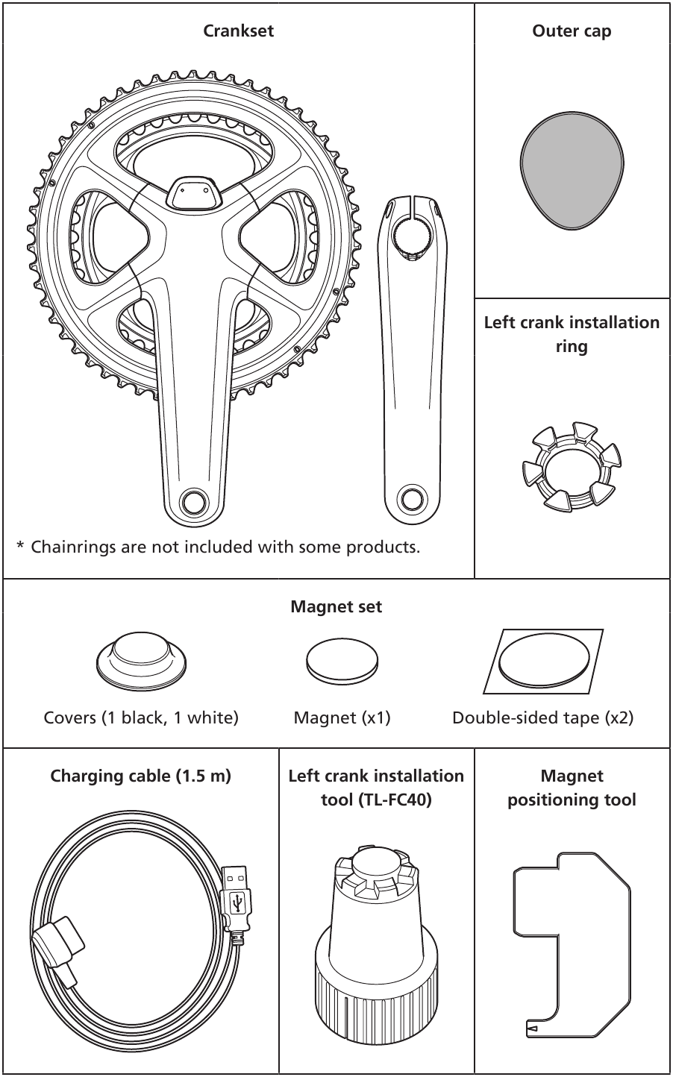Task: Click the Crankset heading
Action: (x=239, y=31)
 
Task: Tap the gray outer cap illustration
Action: (x=572, y=172)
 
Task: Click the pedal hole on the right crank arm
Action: (x=192, y=500)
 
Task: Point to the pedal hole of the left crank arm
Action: (x=409, y=497)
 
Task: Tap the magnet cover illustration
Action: (x=142, y=658)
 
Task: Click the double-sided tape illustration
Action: (x=543, y=660)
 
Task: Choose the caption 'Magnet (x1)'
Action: (x=342, y=718)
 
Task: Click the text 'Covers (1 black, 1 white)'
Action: (x=141, y=718)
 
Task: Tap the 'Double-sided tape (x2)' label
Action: (x=542, y=718)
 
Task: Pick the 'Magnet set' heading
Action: (x=336, y=607)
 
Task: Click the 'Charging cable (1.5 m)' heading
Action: (x=141, y=776)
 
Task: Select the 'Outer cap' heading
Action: (x=572, y=31)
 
